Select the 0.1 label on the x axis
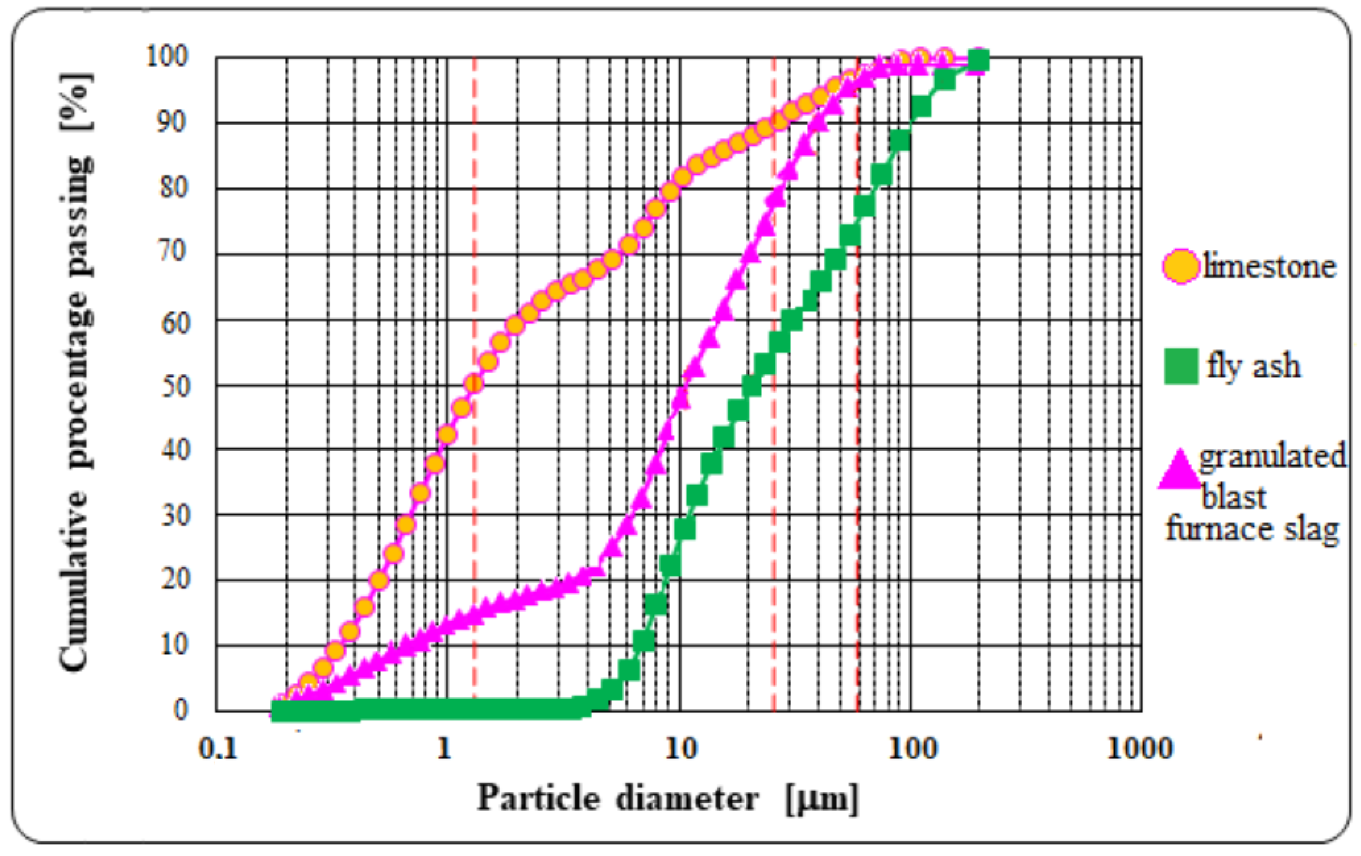(x=217, y=749)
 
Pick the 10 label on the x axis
(x=679, y=749)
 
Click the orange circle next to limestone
(x=1181, y=266)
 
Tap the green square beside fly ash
(x=1181, y=366)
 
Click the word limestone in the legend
(x=1270, y=266)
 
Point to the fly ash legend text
(x=1254, y=366)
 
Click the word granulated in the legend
(x=1272, y=456)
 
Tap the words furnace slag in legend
(x=1252, y=529)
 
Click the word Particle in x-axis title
(x=538, y=799)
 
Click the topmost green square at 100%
(x=978, y=60)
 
